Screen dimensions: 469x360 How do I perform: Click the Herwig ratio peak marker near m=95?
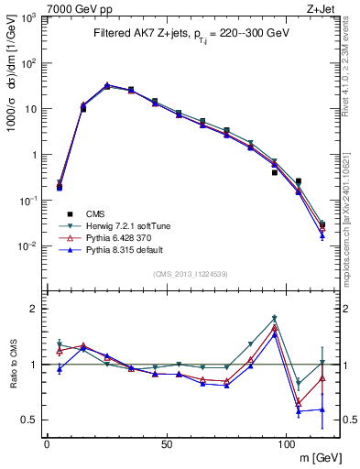point(275,318)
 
